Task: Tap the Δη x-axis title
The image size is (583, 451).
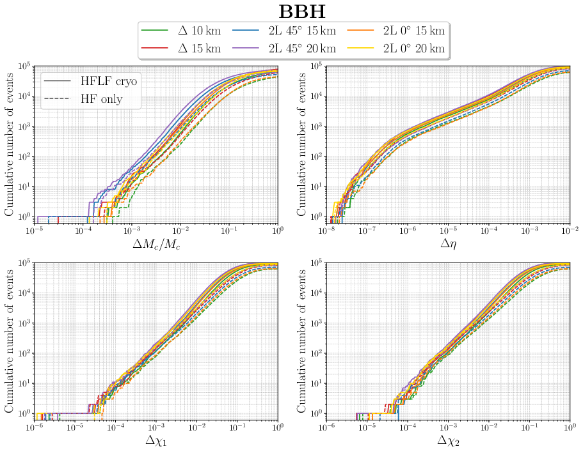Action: (449, 243)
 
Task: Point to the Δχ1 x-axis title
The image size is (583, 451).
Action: (156, 440)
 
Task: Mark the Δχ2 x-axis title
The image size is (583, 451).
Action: (449, 440)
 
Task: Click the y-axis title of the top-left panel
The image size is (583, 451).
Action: (10, 142)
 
